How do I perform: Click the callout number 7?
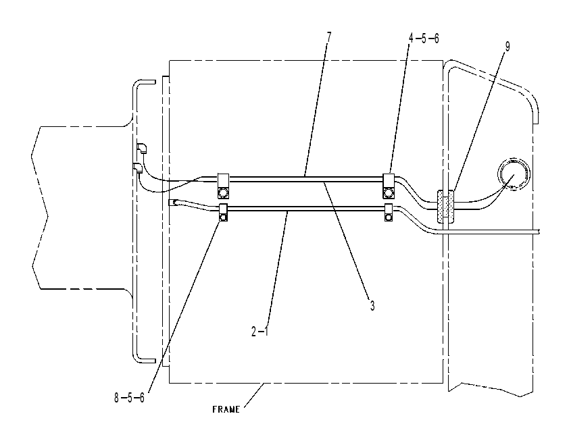[329, 36]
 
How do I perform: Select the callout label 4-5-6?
[424, 38]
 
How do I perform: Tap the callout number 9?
[508, 47]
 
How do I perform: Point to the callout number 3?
[372, 306]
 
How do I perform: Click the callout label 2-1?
[259, 332]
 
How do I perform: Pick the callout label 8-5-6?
[129, 398]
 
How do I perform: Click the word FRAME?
[226, 410]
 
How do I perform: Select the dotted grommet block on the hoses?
[445, 206]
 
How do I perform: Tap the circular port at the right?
[513, 174]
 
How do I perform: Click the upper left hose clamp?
[223, 186]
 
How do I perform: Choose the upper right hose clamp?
[389, 186]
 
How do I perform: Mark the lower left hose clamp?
[223, 213]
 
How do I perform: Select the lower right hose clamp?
[389, 213]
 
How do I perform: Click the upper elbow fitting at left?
[141, 149]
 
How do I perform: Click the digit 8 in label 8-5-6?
[116, 398]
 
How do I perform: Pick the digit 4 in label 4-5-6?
[412, 38]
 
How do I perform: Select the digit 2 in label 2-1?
[254, 332]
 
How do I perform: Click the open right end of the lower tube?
[540, 231]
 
